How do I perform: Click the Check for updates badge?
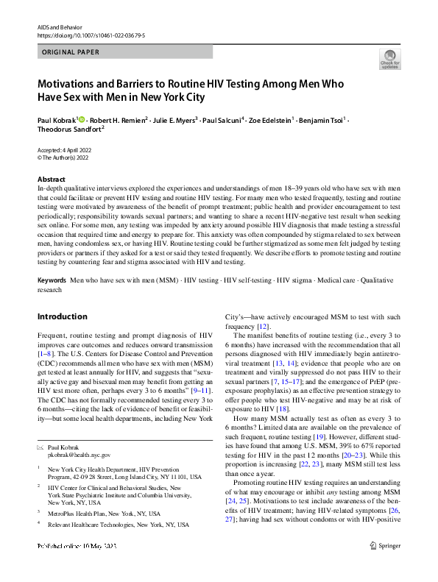coord(389,59)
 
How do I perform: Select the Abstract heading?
coord(52,180)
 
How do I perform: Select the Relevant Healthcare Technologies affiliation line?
coord(107,525)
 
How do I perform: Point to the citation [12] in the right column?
coord(262,326)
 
